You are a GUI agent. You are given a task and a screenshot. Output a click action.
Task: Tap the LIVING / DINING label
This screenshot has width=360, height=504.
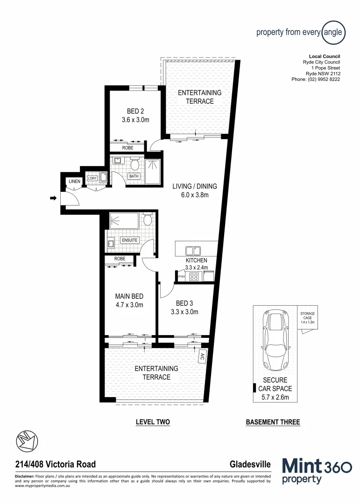click(194, 186)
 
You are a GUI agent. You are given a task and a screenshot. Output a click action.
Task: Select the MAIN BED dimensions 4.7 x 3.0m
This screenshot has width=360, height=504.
click(129, 305)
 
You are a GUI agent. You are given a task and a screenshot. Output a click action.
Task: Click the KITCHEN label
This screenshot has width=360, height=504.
click(196, 260)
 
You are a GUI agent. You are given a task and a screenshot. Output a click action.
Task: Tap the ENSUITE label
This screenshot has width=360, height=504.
click(129, 240)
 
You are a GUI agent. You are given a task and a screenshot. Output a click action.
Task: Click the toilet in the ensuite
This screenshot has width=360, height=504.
click(147, 220)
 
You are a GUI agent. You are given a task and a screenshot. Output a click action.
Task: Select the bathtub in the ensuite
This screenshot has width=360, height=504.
click(124, 220)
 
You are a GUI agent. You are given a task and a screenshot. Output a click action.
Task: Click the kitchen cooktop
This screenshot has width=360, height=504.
click(194, 276)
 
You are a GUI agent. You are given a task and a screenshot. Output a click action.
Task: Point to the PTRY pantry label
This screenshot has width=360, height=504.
click(182, 277)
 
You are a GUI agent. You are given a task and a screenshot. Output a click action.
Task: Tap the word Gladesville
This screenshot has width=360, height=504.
click(250, 464)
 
